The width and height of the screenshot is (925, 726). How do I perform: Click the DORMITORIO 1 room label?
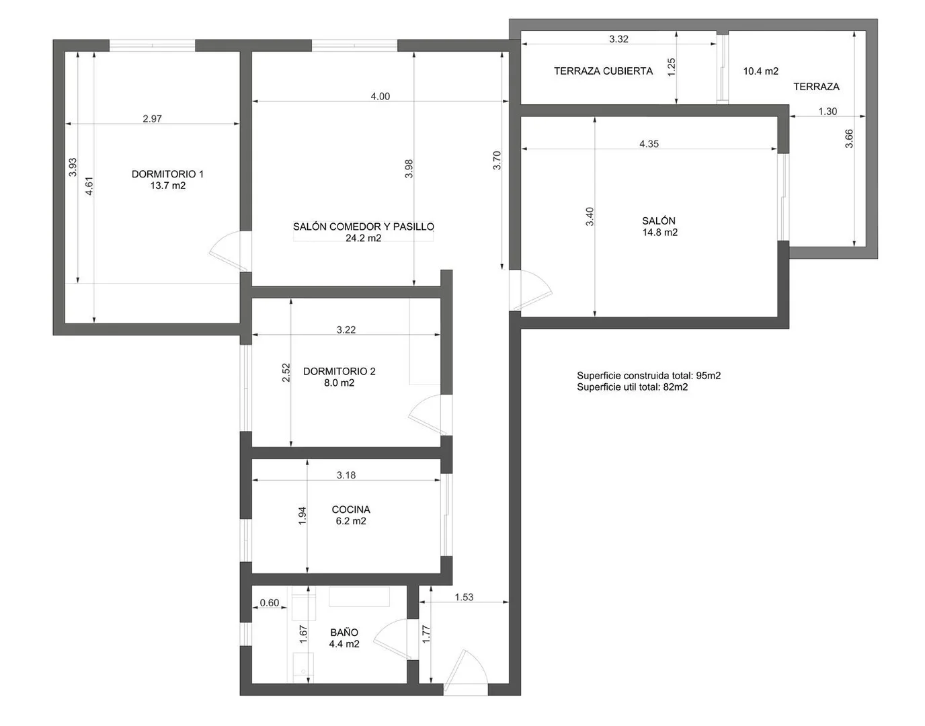pos(167,174)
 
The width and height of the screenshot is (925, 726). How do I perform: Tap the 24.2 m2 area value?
pos(363,238)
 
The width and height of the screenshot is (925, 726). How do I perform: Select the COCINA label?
pos(351,510)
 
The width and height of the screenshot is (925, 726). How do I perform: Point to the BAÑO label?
pos(344,632)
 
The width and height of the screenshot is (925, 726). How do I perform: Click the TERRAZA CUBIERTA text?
pos(603,71)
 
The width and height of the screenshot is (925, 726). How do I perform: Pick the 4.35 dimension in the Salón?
pos(649,144)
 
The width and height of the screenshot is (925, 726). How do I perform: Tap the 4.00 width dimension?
pos(380,97)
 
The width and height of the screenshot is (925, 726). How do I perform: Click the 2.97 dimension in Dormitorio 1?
pos(152,119)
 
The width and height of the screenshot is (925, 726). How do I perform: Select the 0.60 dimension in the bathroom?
pos(270,602)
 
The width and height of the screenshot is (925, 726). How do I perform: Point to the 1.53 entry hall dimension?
pos(464,597)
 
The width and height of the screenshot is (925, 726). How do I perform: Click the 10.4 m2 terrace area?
pos(761,71)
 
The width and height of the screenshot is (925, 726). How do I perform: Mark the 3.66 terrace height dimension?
pos(849,138)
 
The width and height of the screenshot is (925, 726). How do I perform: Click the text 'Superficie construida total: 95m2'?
pos(649,376)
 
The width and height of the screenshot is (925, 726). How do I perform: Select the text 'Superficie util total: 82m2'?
pos(632,387)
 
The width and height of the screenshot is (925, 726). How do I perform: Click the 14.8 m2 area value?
pos(660,233)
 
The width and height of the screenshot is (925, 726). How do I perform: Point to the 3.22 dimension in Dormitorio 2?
pos(346,330)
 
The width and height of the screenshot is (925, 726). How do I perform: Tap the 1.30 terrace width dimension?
pos(828,112)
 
